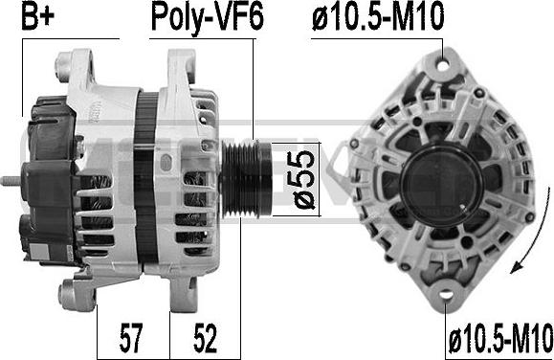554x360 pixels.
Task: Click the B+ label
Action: point(38,16)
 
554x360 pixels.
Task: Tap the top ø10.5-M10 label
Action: point(378,16)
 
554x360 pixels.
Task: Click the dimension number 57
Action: point(131,337)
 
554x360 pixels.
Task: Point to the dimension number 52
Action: point(205,337)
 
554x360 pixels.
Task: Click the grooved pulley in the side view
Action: point(246,179)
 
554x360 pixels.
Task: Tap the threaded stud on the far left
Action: point(11,181)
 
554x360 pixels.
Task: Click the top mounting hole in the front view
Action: point(443,65)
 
